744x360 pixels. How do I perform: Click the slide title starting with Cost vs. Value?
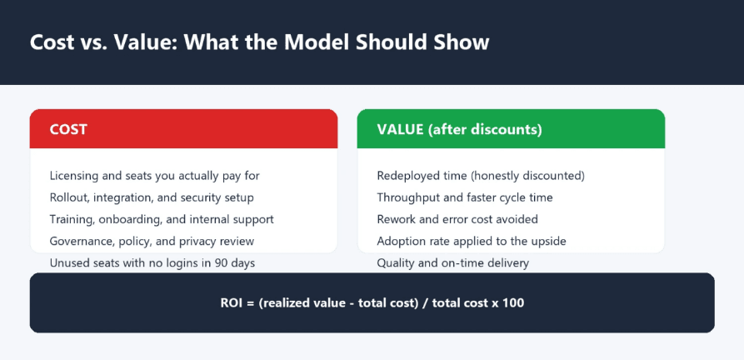(x=259, y=42)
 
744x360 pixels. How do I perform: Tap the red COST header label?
(x=68, y=129)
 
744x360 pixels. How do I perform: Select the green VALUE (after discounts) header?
(x=459, y=129)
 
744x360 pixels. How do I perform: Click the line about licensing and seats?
(x=155, y=176)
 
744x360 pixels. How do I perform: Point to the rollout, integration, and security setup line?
(x=152, y=197)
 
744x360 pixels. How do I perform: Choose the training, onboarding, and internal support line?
(x=162, y=219)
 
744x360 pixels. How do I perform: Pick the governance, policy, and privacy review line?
(x=152, y=241)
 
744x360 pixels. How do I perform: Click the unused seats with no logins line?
(x=152, y=262)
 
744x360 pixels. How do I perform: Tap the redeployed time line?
(x=481, y=176)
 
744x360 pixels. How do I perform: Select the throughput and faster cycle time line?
(x=465, y=197)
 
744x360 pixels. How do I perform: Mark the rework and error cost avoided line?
(x=457, y=219)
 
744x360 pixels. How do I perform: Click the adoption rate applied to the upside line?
(x=472, y=241)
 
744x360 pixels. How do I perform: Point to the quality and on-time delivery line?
(x=452, y=262)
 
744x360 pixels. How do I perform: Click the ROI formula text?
(x=372, y=302)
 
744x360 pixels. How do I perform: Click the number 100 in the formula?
(x=515, y=302)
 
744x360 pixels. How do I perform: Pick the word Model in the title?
(x=316, y=42)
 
